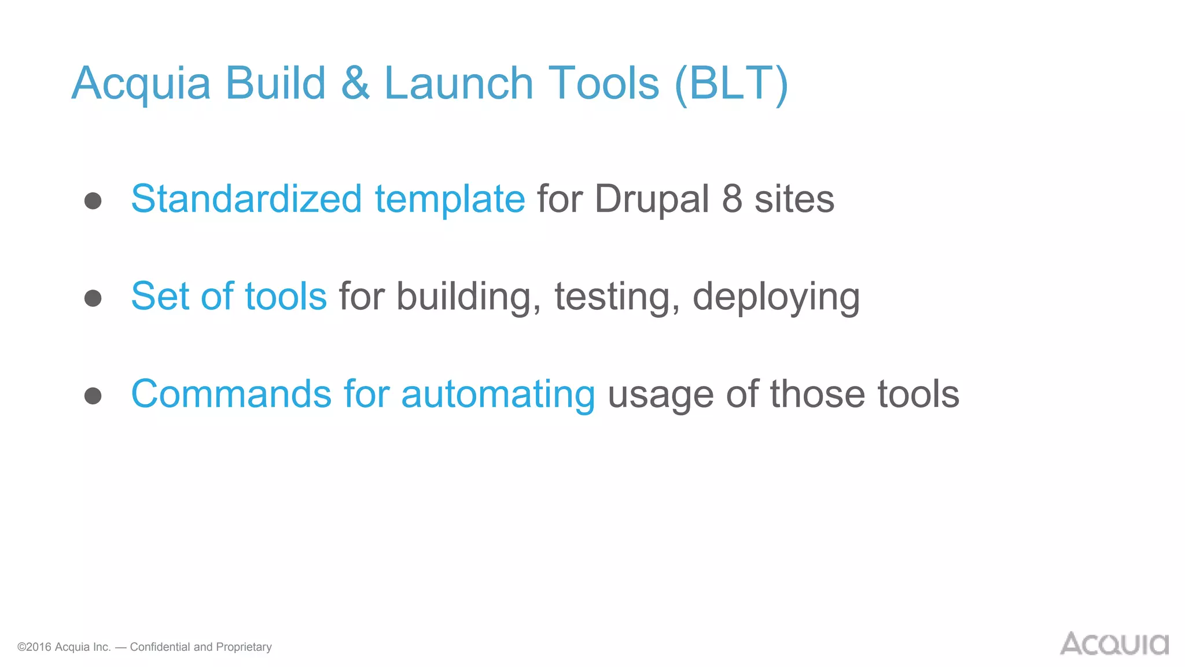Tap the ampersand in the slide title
[x=355, y=83]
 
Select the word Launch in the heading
[x=458, y=83]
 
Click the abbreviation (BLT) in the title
[x=731, y=85]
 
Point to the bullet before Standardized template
[x=93, y=201]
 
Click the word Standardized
[x=246, y=199]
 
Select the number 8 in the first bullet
[x=732, y=199]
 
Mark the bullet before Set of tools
[x=93, y=298]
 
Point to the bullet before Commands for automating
[x=93, y=396]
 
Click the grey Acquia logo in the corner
[x=1114, y=644]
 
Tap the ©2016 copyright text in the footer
[x=64, y=647]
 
